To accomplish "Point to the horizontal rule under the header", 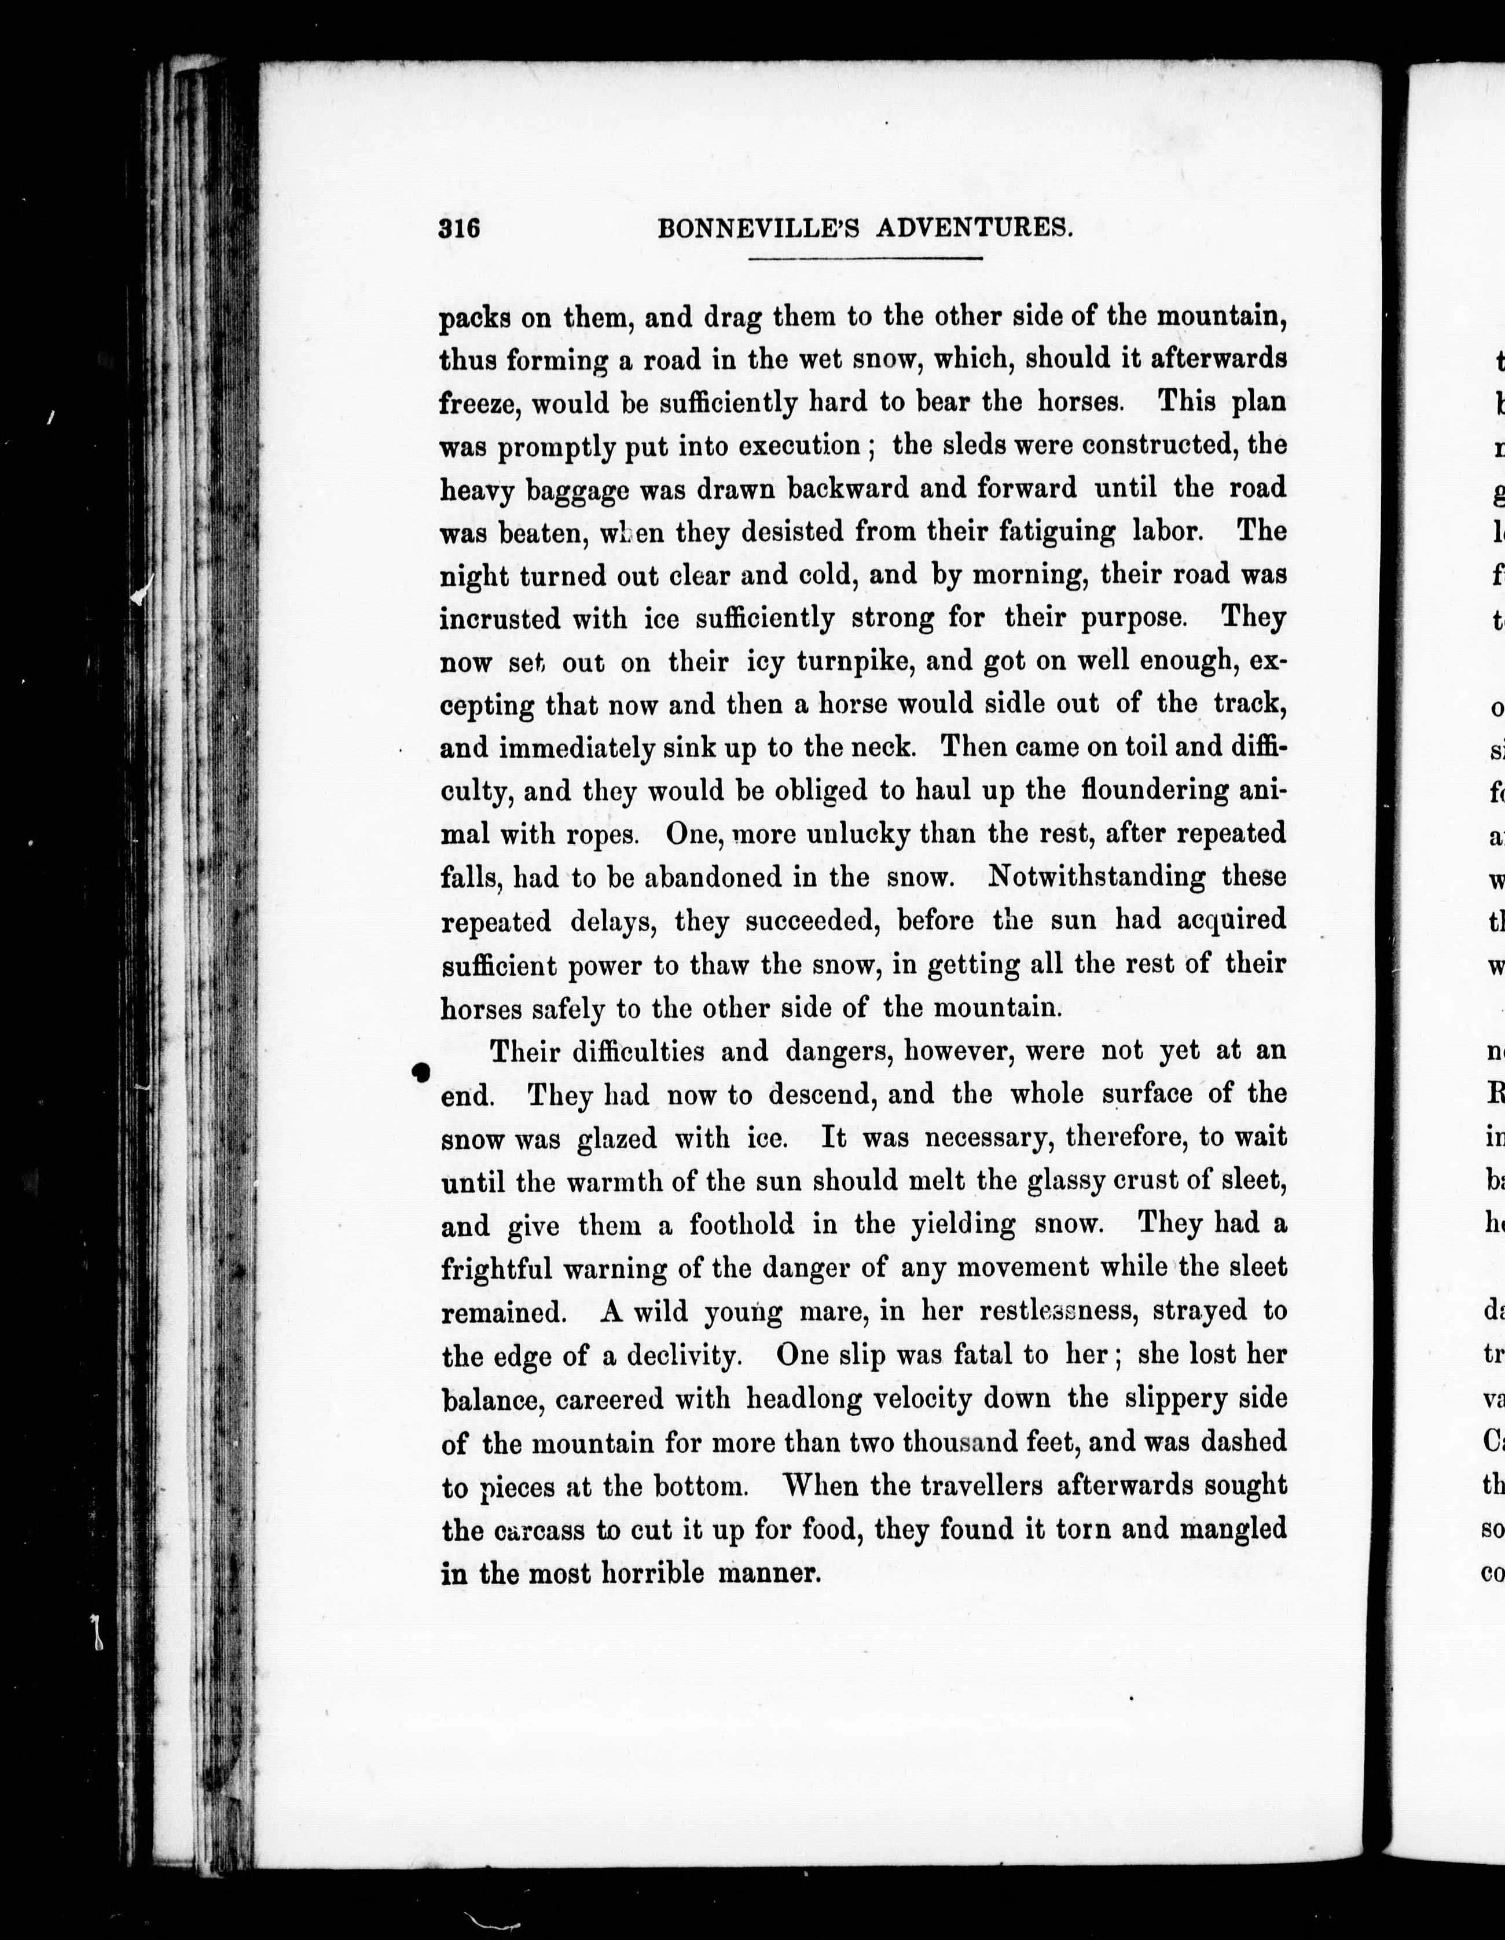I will point(864,259).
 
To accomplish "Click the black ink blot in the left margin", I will point(422,1072).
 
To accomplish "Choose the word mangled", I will point(1232,1530).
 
